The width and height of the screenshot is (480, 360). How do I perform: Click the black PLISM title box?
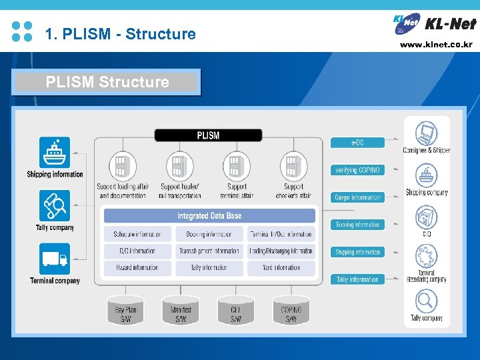208,135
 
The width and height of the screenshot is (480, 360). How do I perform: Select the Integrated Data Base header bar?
209,216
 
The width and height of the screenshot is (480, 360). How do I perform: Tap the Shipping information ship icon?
55,153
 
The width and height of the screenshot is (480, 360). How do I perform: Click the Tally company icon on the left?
55,206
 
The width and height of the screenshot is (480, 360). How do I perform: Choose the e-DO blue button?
357,143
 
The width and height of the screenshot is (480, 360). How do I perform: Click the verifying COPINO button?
357,170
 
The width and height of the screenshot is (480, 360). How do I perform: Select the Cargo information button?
357,197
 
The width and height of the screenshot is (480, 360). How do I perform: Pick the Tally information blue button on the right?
357,279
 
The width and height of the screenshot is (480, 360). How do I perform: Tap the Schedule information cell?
137,234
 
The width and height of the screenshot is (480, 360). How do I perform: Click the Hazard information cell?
137,267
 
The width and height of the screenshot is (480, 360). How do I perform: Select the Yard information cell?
280,267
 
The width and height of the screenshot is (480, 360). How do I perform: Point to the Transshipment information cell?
209,251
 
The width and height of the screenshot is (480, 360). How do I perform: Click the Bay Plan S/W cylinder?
125,310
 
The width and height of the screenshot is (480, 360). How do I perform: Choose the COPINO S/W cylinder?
291,310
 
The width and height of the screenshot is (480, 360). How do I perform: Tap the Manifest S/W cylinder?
181,310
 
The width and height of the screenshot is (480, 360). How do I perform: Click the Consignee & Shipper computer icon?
426,133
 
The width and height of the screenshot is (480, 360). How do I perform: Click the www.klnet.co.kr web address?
436,45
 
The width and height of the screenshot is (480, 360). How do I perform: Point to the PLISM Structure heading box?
107,82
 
